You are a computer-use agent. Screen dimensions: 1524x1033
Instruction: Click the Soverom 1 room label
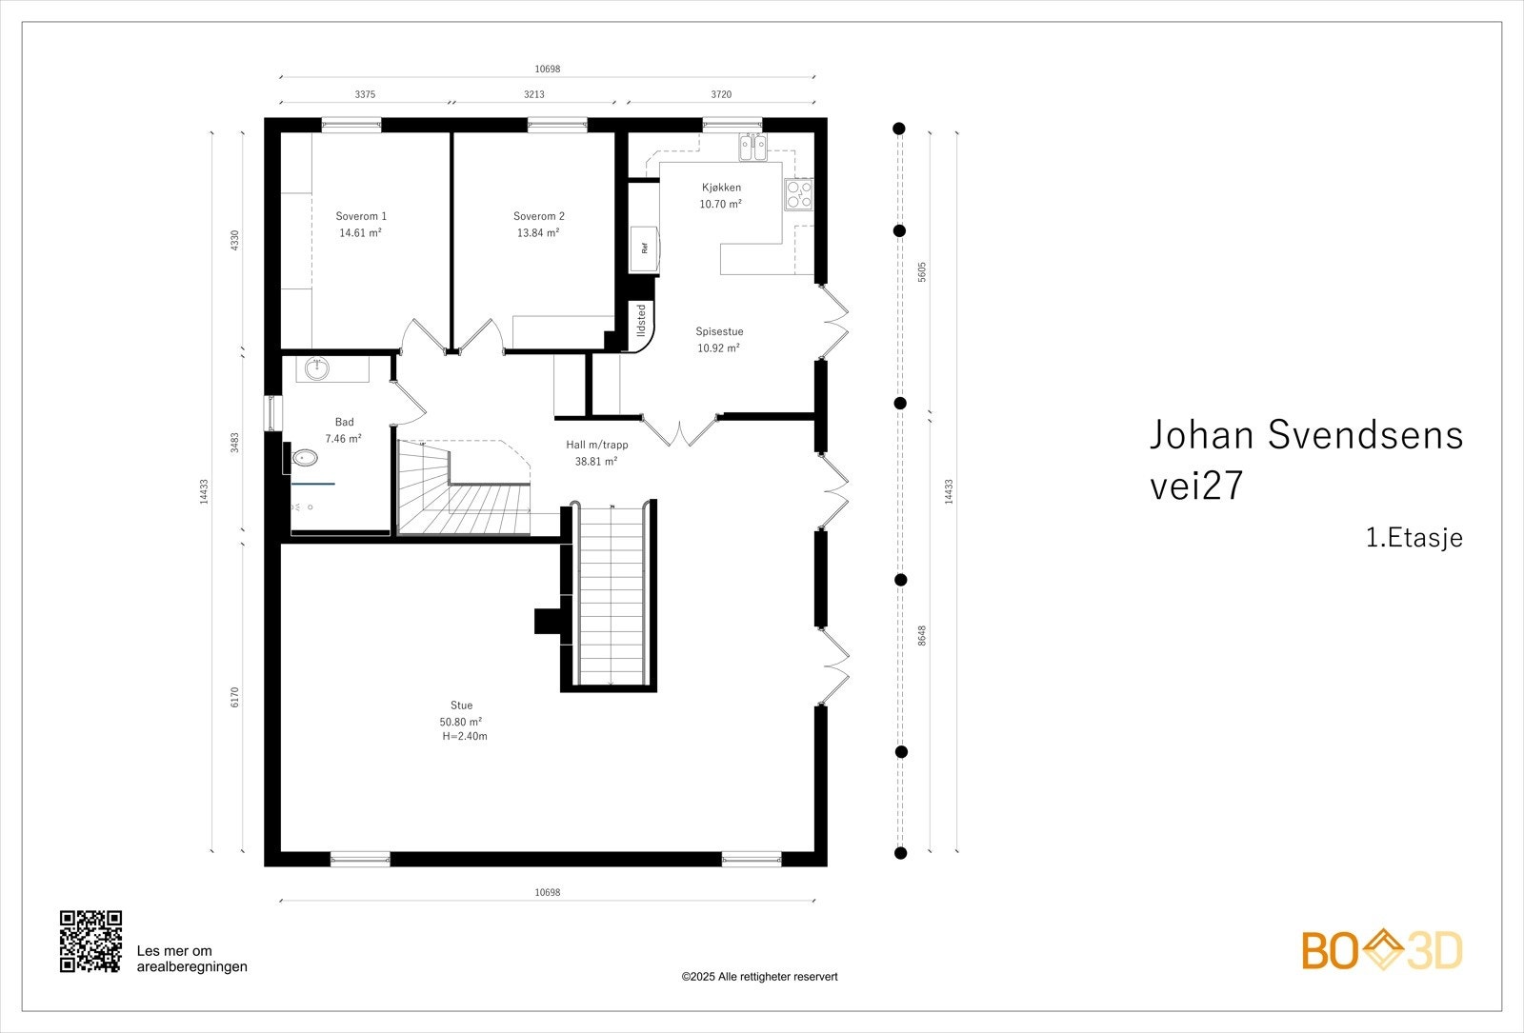(361, 216)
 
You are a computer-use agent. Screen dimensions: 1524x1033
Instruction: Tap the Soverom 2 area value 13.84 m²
(538, 232)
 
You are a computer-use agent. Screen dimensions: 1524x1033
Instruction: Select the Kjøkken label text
(721, 188)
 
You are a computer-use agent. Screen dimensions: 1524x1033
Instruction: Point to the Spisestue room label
(719, 332)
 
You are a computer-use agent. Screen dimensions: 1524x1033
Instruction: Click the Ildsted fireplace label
(641, 320)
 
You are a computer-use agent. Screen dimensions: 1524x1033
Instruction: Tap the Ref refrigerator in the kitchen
(644, 248)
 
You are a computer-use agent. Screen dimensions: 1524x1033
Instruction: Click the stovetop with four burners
(799, 194)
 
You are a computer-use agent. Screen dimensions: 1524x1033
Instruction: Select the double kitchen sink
(753, 148)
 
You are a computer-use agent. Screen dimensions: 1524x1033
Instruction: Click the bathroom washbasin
(316, 368)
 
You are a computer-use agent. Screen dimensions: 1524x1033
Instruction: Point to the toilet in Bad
(303, 458)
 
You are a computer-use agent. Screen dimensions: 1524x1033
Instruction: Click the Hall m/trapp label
(596, 445)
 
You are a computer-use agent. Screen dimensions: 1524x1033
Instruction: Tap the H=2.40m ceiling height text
(465, 737)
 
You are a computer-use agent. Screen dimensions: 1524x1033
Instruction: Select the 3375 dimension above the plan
(365, 94)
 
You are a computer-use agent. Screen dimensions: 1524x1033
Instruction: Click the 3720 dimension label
(721, 94)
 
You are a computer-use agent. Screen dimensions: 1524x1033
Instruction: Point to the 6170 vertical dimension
(234, 697)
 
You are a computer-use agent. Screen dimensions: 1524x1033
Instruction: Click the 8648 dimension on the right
(922, 636)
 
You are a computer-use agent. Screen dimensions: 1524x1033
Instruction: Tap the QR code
(90, 942)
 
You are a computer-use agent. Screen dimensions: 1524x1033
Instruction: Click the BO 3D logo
(1382, 950)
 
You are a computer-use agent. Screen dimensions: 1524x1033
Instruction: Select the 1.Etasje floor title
(1414, 537)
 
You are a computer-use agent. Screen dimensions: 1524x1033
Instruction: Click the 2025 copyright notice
(759, 977)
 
